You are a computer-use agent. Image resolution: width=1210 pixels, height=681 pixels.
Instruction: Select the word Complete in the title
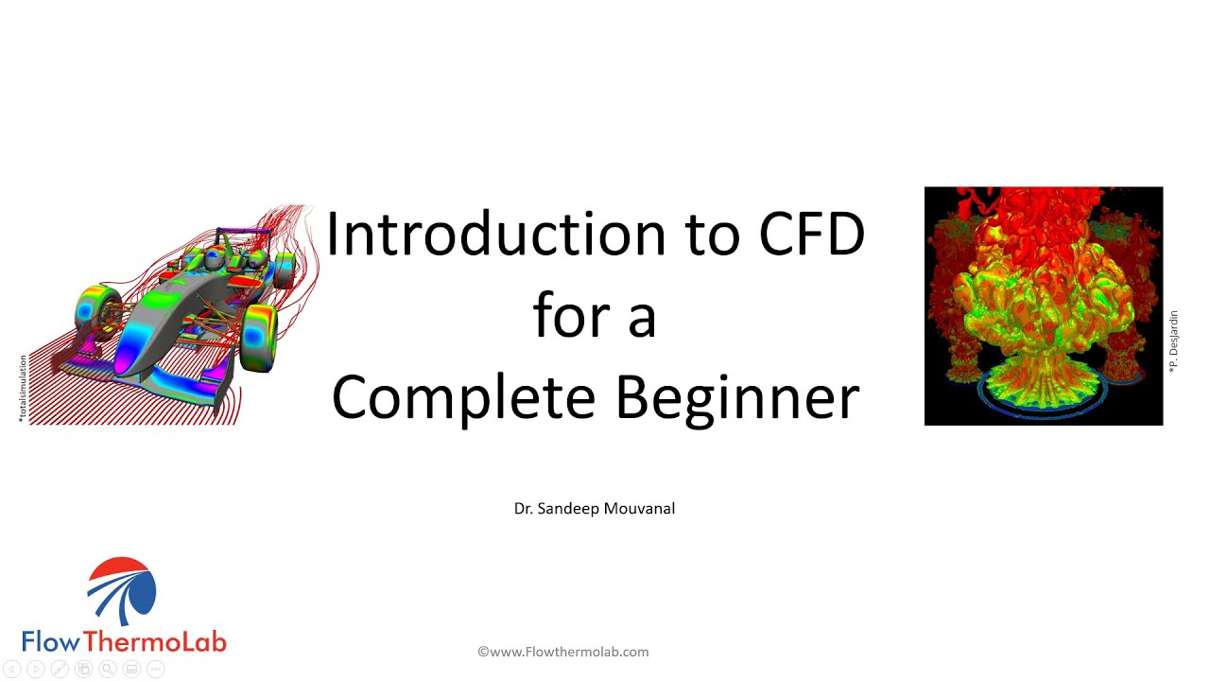(x=464, y=398)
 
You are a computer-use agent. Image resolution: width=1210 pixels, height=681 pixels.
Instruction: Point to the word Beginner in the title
(x=737, y=398)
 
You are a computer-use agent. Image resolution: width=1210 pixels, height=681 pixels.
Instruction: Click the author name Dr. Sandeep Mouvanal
(x=594, y=509)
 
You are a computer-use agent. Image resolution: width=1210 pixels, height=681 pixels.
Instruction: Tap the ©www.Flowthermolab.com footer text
(x=562, y=652)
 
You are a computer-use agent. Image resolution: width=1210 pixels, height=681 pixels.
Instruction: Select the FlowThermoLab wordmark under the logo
(x=124, y=641)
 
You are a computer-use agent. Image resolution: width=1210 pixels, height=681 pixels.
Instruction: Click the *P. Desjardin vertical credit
(x=1174, y=341)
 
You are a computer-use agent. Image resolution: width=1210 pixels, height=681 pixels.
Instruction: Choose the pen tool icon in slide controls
(x=60, y=670)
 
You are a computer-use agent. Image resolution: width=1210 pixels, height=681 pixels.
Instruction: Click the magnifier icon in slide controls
(x=108, y=670)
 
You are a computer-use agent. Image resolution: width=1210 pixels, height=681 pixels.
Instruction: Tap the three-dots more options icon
(x=156, y=670)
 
